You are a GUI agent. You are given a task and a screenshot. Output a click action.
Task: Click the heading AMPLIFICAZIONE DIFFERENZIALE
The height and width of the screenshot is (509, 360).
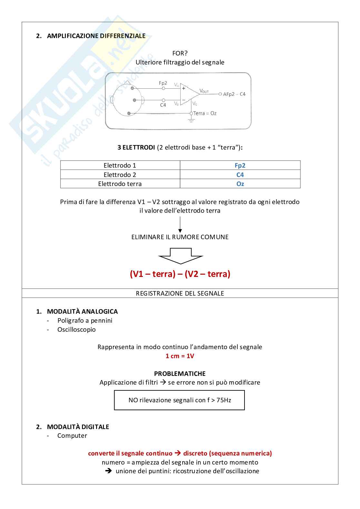(96, 36)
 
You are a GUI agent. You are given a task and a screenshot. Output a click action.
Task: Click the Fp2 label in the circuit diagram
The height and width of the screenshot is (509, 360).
(163, 83)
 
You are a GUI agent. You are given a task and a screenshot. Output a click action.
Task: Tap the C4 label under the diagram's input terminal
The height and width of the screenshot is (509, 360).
(163, 105)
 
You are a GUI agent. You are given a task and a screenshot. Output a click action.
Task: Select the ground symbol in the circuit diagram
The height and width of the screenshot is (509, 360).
(191, 120)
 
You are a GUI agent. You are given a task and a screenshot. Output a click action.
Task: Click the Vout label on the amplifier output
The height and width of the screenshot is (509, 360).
(204, 91)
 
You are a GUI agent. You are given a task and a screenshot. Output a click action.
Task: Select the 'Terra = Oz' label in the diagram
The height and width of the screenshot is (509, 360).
(205, 113)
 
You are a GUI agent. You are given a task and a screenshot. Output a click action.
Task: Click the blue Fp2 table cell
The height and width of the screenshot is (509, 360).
(240, 165)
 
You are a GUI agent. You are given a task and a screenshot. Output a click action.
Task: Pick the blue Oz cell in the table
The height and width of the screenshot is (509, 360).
(240, 184)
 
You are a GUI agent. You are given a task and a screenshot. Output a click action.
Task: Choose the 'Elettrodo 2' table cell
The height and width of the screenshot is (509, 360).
(120, 175)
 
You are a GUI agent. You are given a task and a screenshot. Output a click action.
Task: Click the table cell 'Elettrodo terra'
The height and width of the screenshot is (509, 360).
(120, 184)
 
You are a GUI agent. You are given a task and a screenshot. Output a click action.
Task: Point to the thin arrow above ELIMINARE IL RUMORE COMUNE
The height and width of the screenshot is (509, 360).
(180, 224)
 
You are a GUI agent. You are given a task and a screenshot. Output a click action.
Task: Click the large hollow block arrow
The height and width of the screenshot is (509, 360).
(180, 256)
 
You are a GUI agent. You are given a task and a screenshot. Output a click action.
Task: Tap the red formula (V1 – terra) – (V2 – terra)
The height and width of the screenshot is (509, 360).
(180, 274)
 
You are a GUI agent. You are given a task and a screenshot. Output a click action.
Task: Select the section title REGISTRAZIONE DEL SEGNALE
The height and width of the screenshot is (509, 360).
(180, 293)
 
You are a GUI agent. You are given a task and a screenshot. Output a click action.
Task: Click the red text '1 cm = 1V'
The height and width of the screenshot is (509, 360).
(180, 356)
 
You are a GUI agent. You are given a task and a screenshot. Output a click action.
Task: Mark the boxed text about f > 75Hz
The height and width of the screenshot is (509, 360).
(179, 400)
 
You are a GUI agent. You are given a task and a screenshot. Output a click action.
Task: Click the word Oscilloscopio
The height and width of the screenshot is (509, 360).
(76, 329)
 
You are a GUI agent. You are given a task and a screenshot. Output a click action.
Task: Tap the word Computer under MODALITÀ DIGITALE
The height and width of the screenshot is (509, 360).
(72, 436)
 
